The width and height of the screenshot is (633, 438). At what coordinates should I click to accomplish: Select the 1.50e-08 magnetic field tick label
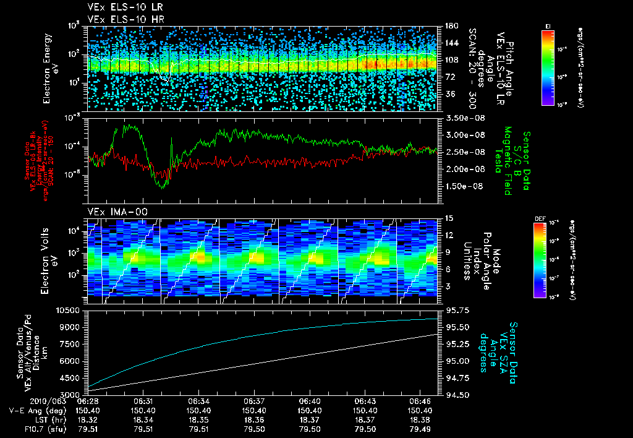coord(463,186)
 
